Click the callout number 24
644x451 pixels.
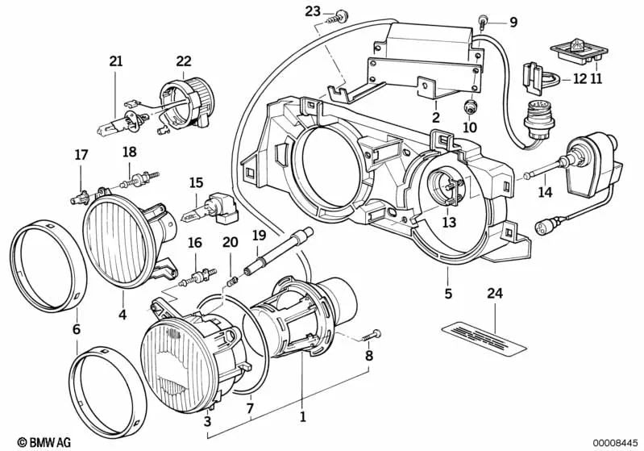pos(492,294)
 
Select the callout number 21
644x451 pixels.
pos(116,61)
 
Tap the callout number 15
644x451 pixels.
pos(195,183)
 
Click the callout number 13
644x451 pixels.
pos(449,221)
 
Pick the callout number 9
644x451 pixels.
pos(513,23)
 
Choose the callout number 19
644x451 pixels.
pos(258,235)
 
